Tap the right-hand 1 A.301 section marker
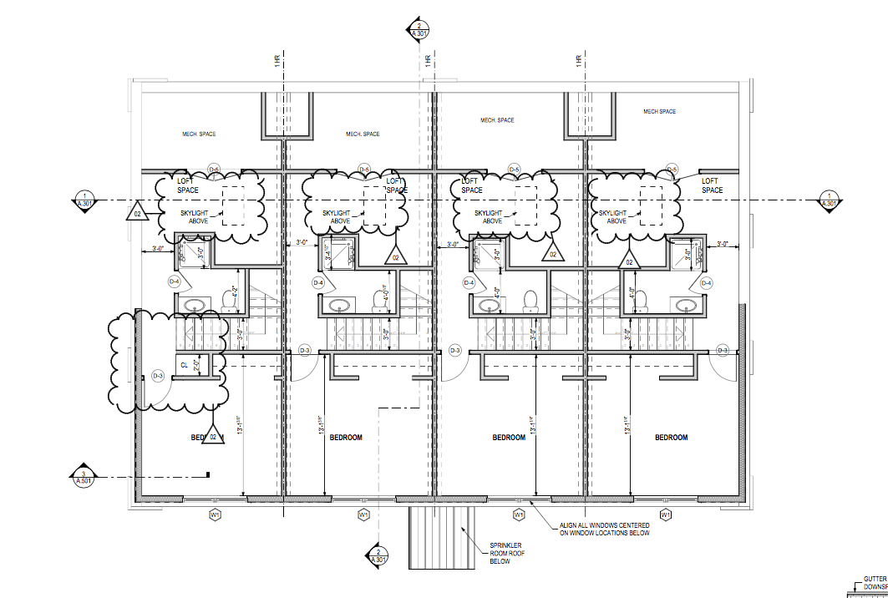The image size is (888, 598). coord(828,200)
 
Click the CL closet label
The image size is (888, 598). coord(184,365)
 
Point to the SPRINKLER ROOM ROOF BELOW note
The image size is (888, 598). coord(505,553)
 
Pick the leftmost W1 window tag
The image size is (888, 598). coord(215,515)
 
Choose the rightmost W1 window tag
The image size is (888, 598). coord(666,515)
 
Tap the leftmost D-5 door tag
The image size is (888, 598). coord(213,170)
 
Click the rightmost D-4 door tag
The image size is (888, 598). coord(706,283)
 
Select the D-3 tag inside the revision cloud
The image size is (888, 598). coord(159,376)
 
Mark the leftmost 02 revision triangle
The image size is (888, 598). coord(136,214)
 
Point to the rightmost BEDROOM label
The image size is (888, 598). coord(671,438)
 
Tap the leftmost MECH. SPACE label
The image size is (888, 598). coord(200,134)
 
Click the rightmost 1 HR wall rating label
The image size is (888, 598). coord(578,62)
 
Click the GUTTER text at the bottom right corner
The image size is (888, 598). coord(875,578)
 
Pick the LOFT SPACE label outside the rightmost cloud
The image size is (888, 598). coord(712,185)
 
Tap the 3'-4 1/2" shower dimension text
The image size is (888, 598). coord(327,255)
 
